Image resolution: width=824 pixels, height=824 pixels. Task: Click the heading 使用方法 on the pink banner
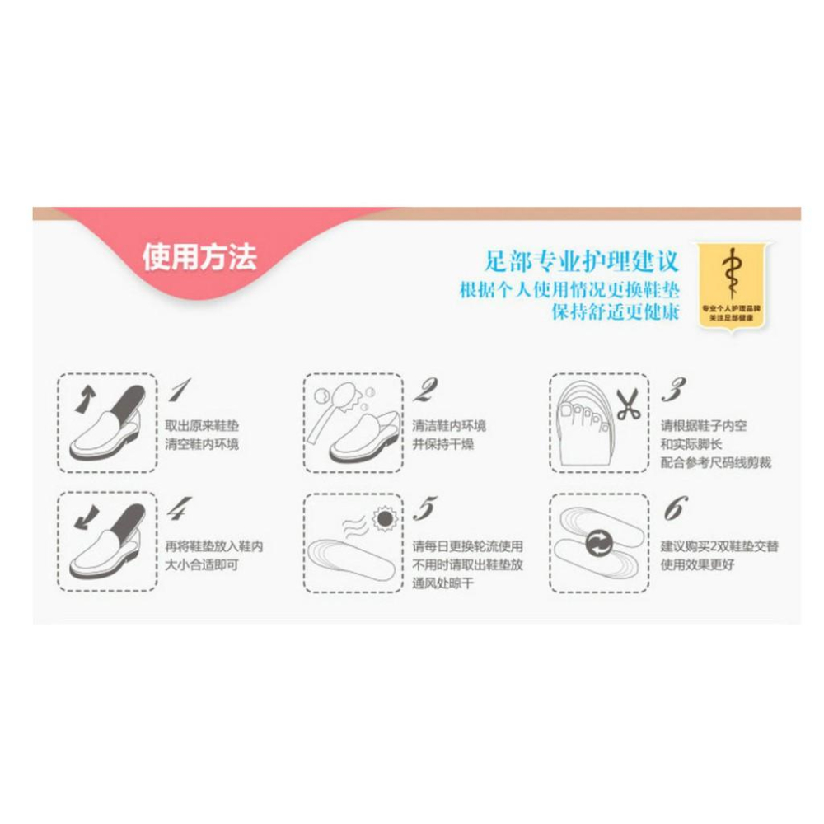coord(199,258)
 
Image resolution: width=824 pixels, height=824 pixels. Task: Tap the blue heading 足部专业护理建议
coord(582,263)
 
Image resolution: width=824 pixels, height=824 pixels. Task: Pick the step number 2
coord(424,390)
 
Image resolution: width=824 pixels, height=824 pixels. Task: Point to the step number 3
coord(674,390)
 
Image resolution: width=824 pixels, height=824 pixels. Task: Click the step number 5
coord(424,510)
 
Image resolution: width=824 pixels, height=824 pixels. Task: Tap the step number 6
coord(673,510)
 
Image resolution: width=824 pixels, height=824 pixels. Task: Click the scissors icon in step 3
coord(628,405)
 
